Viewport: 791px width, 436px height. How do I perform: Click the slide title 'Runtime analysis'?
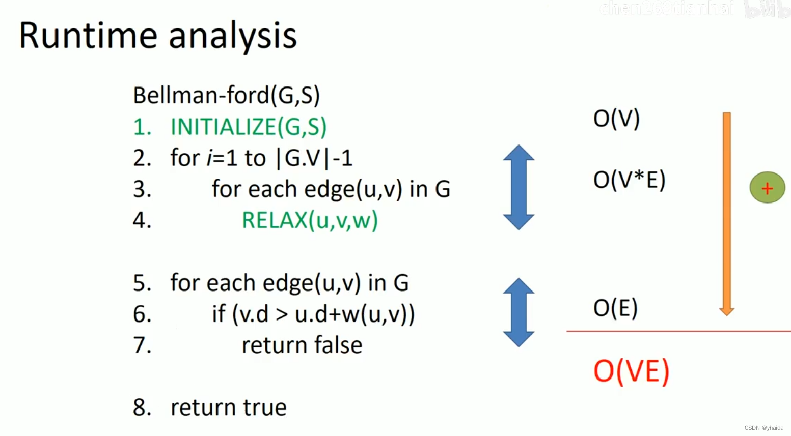tap(157, 36)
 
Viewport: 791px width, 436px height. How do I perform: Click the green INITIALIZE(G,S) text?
tap(248, 127)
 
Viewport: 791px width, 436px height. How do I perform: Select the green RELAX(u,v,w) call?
tap(310, 220)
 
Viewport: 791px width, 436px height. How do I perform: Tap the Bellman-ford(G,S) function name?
tap(226, 95)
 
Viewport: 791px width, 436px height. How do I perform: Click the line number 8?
tap(142, 408)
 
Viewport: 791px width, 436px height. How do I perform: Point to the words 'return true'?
tap(228, 408)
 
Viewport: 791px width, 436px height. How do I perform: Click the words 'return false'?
tap(302, 345)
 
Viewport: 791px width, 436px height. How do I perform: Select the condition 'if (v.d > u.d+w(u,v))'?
tap(313, 314)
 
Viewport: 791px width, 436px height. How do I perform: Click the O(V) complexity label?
tap(616, 119)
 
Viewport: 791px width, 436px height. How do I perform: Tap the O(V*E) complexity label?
tap(629, 180)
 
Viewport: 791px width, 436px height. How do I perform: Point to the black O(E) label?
tap(615, 308)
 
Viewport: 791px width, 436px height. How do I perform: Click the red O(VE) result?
tap(631, 371)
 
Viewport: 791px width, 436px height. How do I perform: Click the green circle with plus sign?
tap(767, 188)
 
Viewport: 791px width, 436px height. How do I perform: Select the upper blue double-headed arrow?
tap(519, 187)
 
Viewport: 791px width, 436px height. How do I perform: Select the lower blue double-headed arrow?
tap(519, 312)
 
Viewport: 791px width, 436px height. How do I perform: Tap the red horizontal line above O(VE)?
tap(677, 331)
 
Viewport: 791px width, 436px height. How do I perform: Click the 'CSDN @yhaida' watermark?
tap(763, 428)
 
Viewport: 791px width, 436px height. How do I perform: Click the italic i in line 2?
tap(209, 158)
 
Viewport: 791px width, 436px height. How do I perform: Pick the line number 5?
tap(142, 283)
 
